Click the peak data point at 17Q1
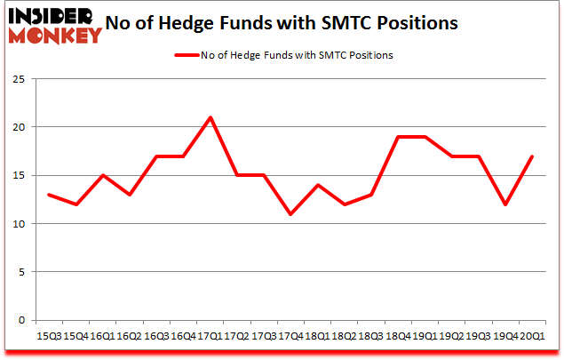(x=210, y=117)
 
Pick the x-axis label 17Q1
(x=210, y=337)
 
